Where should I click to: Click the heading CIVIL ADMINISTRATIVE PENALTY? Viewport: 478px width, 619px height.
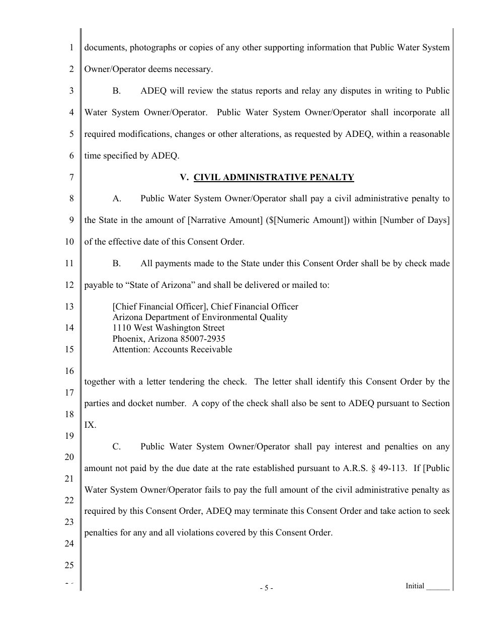[x=274, y=177]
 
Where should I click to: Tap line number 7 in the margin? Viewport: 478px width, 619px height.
[x=71, y=177]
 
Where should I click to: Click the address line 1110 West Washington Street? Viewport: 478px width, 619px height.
[x=168, y=328]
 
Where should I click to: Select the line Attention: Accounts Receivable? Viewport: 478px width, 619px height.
[x=172, y=349]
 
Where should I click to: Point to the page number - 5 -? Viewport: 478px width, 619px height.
[x=267, y=588]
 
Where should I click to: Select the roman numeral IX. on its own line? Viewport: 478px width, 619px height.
[x=90, y=425]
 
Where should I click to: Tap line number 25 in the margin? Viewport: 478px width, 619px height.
[x=69, y=565]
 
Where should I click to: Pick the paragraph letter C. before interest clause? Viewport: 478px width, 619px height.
[x=117, y=446]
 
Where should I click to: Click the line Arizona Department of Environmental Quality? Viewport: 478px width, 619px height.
[x=200, y=317]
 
